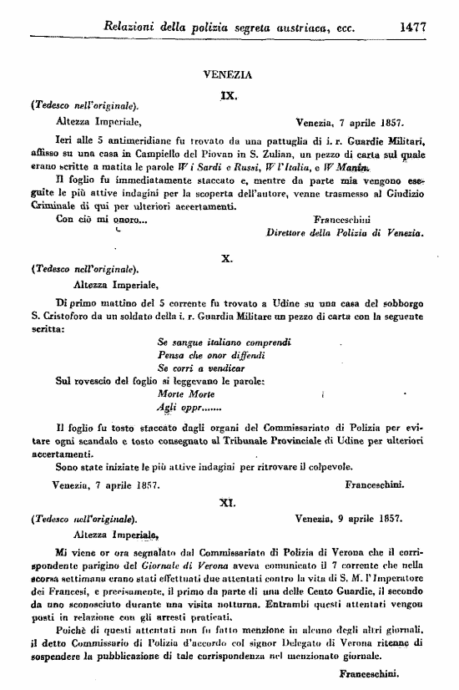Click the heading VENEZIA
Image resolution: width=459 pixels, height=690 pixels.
(x=229, y=74)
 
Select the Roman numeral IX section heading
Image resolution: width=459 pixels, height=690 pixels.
(x=229, y=95)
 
